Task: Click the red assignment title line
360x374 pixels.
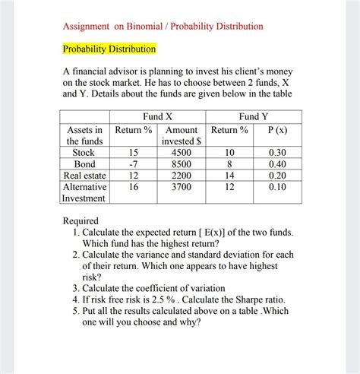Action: (x=163, y=27)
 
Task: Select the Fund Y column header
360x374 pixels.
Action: (x=253, y=116)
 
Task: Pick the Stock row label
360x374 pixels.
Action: (x=84, y=152)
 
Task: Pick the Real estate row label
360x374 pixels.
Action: (x=84, y=175)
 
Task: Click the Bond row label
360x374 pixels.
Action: (x=84, y=163)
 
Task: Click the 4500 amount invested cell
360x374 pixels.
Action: (x=182, y=152)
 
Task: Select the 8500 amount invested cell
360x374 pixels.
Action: (x=182, y=163)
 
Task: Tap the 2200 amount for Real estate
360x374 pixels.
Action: (x=182, y=175)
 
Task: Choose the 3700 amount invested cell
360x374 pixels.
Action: (x=182, y=186)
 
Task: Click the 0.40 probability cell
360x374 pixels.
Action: (x=278, y=163)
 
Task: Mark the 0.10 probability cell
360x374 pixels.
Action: (x=278, y=186)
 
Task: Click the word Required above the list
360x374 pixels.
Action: (x=81, y=220)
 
